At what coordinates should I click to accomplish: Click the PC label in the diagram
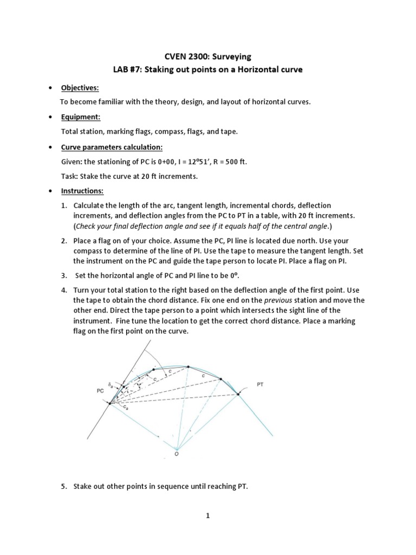100,390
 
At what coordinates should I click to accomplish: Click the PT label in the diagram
261,384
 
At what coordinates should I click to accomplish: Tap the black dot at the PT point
238,394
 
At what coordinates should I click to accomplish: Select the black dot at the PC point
110,403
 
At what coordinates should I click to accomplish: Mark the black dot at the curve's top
188,367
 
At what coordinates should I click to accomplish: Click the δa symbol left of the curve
110,385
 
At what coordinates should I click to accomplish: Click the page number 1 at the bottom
207,516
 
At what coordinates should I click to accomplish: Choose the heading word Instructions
82,191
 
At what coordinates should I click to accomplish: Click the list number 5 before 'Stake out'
63,472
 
